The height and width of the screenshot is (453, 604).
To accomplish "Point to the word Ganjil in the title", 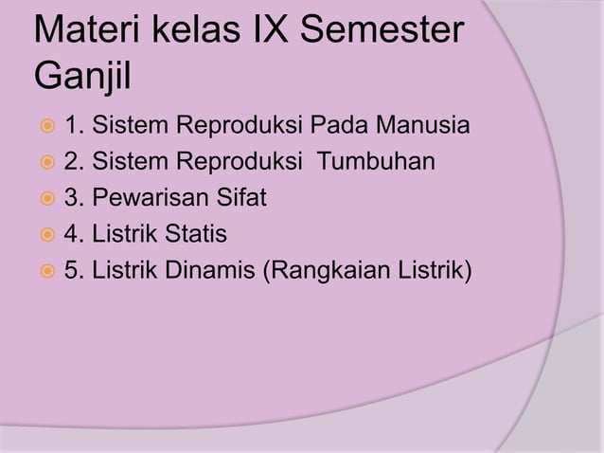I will click(x=82, y=74).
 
